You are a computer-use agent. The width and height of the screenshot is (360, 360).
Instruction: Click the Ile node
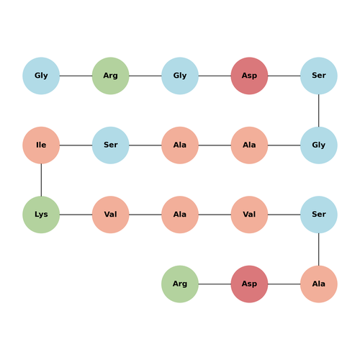point(41,145)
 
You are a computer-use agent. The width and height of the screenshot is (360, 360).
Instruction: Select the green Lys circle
point(41,215)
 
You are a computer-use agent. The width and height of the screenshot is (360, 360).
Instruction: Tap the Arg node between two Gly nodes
point(110,76)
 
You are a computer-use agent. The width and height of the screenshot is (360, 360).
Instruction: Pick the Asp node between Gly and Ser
point(249,76)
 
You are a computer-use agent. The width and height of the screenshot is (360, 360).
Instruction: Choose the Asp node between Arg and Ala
point(249,284)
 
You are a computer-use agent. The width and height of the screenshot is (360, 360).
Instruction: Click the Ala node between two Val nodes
point(180,215)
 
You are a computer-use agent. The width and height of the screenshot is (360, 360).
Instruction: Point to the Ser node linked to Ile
point(110,145)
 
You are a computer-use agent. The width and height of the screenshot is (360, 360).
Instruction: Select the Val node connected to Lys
point(110,215)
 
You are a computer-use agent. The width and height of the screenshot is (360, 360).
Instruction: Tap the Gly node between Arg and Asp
point(180,76)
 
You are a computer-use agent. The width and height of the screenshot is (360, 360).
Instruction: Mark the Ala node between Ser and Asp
point(319,284)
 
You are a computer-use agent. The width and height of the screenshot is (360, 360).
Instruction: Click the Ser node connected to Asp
point(319,76)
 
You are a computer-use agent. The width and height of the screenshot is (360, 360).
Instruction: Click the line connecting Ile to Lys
point(41,180)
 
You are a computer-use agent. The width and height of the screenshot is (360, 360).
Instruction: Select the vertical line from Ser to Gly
point(319,110)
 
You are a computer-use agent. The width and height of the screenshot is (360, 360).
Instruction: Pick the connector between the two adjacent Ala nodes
point(215,145)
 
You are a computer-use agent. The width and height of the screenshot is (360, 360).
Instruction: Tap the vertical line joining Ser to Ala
point(319,249)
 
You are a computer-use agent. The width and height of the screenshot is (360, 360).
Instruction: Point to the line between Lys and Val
point(76,215)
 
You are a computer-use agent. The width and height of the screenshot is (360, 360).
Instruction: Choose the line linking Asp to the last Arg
point(215,284)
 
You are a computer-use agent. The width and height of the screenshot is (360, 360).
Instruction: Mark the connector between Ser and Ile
point(76,145)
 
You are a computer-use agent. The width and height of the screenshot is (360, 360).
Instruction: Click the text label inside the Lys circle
point(41,215)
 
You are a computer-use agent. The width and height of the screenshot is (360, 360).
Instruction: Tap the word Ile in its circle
point(41,145)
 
